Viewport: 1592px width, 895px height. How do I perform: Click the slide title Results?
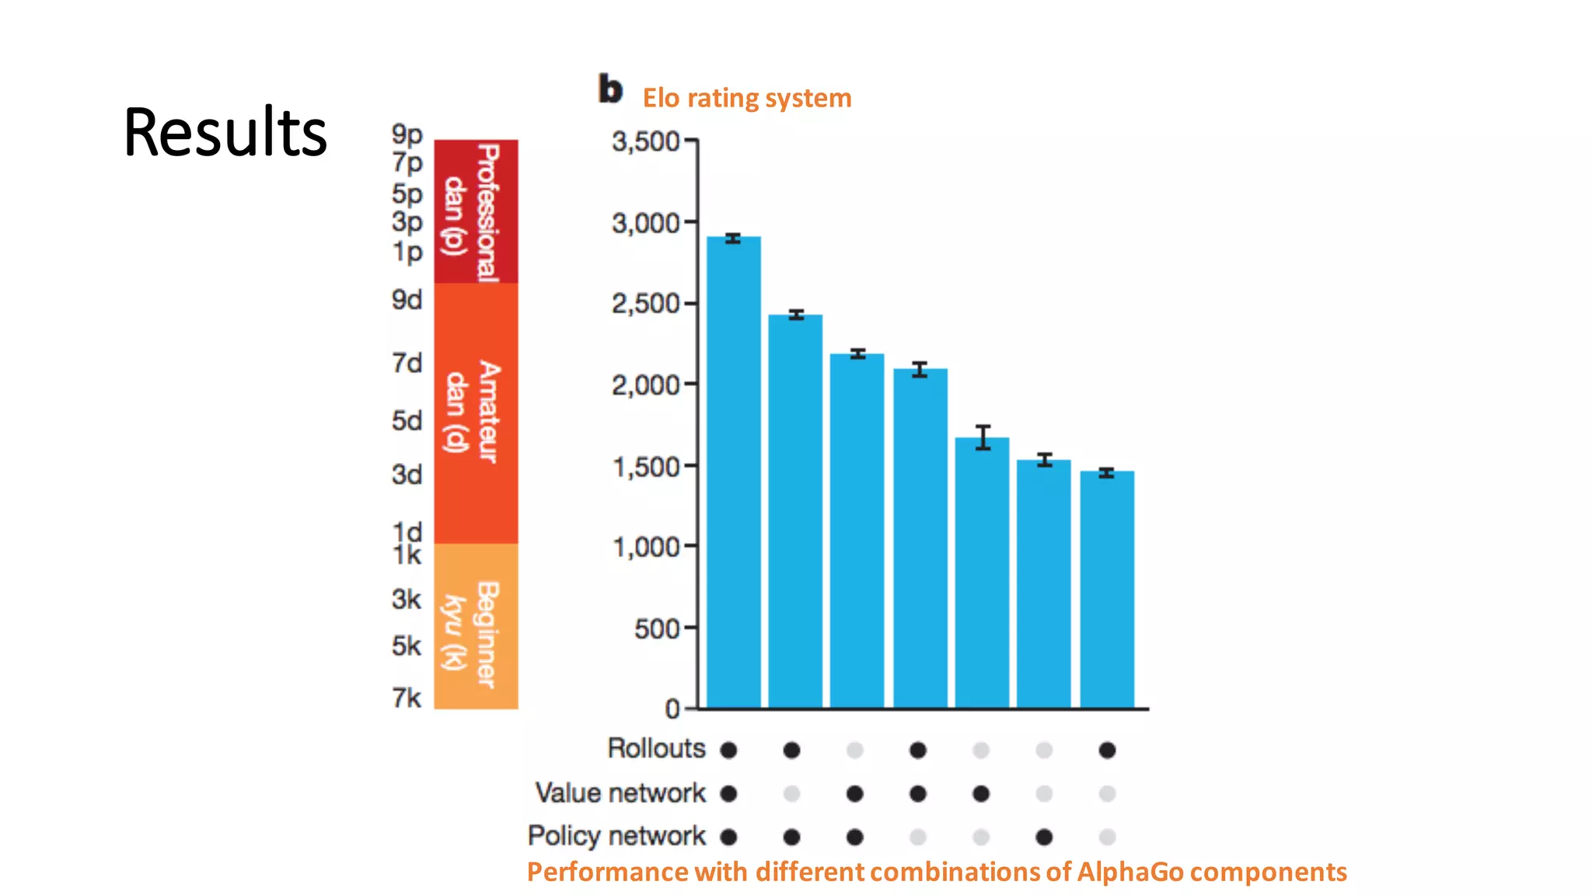coord(225,132)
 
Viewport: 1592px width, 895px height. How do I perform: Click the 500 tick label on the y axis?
coord(657,629)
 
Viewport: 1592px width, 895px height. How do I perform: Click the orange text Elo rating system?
coord(746,99)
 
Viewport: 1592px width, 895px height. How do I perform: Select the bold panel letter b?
coord(610,89)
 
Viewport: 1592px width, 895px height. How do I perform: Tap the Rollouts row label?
coord(656,748)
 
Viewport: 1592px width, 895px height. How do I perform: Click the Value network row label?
coord(620,792)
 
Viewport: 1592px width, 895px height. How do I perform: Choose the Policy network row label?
coord(616,836)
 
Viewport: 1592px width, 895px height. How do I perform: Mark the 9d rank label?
coord(407,300)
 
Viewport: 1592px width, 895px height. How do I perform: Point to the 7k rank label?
coord(407,698)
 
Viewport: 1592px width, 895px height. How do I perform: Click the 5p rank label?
coord(407,193)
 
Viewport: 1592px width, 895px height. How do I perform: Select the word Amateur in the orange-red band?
coord(488,412)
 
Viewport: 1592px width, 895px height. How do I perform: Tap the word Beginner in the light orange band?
coord(487,634)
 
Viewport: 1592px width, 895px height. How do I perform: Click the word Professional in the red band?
coord(487,213)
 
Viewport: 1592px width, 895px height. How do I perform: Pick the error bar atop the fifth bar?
coord(983,437)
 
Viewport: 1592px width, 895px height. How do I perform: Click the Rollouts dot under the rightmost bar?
coord(1107,750)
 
